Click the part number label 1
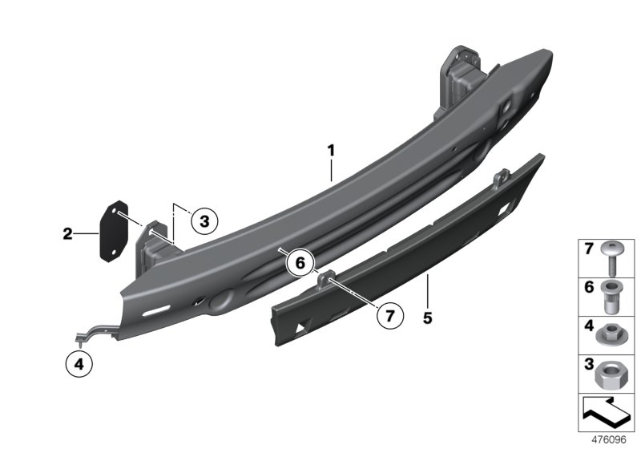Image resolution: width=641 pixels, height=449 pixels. pos(331,151)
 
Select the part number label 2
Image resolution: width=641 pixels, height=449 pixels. pos(67,234)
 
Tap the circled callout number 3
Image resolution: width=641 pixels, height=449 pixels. pos(204,221)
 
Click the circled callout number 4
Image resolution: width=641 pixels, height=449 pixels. pos(79,363)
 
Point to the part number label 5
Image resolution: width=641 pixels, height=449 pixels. pos(428,318)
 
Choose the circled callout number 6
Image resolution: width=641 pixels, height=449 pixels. pos(300,263)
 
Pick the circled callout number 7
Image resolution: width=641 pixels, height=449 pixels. pos(390,316)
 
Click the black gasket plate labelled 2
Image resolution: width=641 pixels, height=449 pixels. pos(114,231)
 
